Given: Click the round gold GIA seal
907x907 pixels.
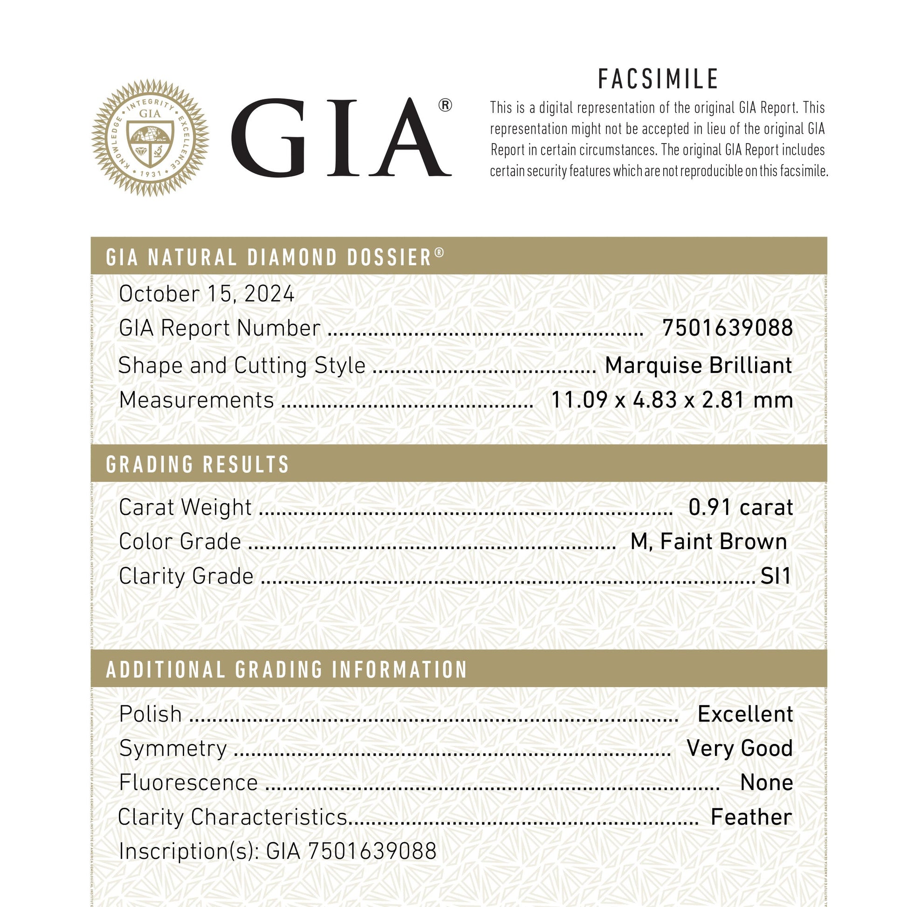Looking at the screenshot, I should (x=150, y=137).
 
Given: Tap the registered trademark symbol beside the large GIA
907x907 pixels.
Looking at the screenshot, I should (x=445, y=106).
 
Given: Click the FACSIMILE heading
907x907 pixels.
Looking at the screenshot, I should (x=658, y=79).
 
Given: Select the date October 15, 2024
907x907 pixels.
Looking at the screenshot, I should (x=206, y=295).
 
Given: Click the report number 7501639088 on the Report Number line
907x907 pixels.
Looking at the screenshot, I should (x=727, y=328).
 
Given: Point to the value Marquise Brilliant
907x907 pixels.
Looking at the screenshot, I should (x=698, y=366).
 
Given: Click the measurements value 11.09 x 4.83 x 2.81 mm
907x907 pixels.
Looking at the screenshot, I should (x=671, y=400).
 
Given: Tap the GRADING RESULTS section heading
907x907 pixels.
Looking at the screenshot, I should (x=198, y=464).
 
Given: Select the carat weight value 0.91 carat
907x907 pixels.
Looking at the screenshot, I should (x=740, y=508).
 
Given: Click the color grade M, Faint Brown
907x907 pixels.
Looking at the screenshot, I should (x=708, y=542).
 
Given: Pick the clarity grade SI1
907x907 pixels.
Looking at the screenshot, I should (x=776, y=576).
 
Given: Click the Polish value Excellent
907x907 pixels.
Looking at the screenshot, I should (x=745, y=714).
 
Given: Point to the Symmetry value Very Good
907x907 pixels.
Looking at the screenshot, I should (x=739, y=749).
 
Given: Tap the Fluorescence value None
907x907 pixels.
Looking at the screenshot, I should (x=766, y=783).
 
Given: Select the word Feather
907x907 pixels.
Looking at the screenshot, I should (x=751, y=817).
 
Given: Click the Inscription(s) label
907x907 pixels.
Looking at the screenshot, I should (x=188, y=852).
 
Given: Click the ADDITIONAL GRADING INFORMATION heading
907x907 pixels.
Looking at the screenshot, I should (x=286, y=670).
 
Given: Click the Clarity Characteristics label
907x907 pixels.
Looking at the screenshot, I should (x=233, y=817).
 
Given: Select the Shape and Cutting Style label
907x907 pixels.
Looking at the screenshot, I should (x=242, y=366).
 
